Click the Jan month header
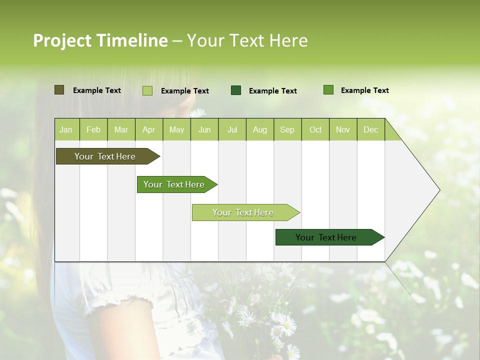(66, 130)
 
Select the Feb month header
(93, 130)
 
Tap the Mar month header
(121, 130)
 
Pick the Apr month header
(149, 130)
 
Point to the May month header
(176, 130)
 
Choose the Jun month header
(204, 130)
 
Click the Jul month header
(232, 130)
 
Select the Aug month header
(260, 130)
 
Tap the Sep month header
(287, 130)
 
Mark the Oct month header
(315, 130)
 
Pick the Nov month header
(343, 130)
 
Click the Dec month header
(371, 130)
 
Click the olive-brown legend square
(59, 90)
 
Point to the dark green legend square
(236, 90)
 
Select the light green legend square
(147, 90)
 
